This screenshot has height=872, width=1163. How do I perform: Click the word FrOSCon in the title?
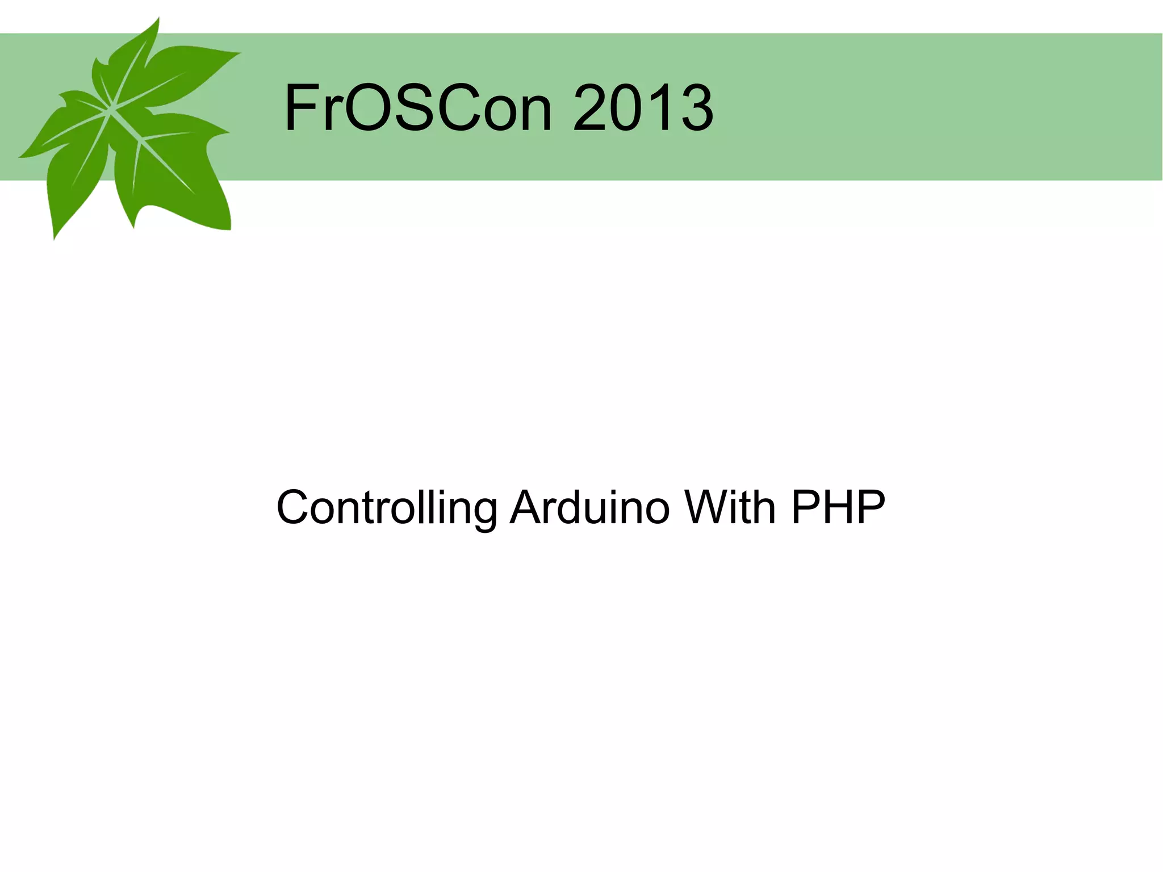[x=417, y=108]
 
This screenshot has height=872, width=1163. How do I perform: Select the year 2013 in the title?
[x=643, y=108]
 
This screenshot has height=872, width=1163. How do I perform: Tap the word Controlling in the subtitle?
[x=387, y=507]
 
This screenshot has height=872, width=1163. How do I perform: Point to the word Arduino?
[x=590, y=507]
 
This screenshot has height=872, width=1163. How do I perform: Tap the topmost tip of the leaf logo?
[x=158, y=18]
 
